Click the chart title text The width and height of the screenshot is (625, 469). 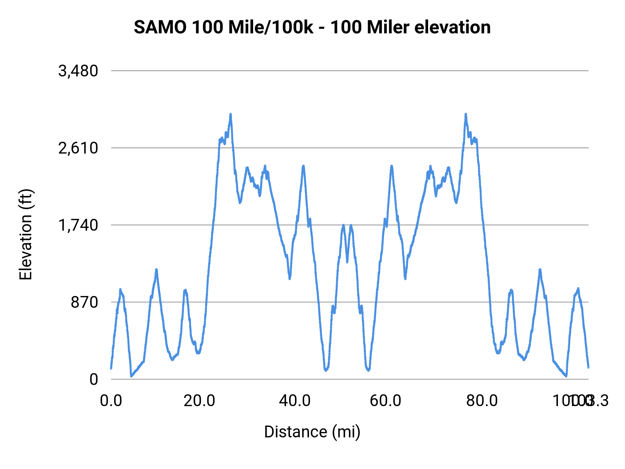[x=312, y=27]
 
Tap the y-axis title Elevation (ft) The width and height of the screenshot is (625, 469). [x=26, y=234]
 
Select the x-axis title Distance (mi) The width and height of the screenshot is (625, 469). [x=312, y=432]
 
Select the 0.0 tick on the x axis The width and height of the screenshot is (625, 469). [x=111, y=401]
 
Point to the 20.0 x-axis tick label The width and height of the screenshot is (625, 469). [x=199, y=401]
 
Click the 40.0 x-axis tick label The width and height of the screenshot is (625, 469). [x=295, y=401]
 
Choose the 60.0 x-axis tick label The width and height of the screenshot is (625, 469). [x=385, y=401]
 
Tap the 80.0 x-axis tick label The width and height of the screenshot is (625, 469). [x=482, y=401]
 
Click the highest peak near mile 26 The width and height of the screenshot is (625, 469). [x=230, y=114]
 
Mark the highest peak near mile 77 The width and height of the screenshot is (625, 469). [x=466, y=114]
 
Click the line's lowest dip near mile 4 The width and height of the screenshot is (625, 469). [x=131, y=376]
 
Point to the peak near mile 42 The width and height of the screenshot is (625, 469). [x=303, y=166]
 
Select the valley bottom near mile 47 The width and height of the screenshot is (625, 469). [x=326, y=370]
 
